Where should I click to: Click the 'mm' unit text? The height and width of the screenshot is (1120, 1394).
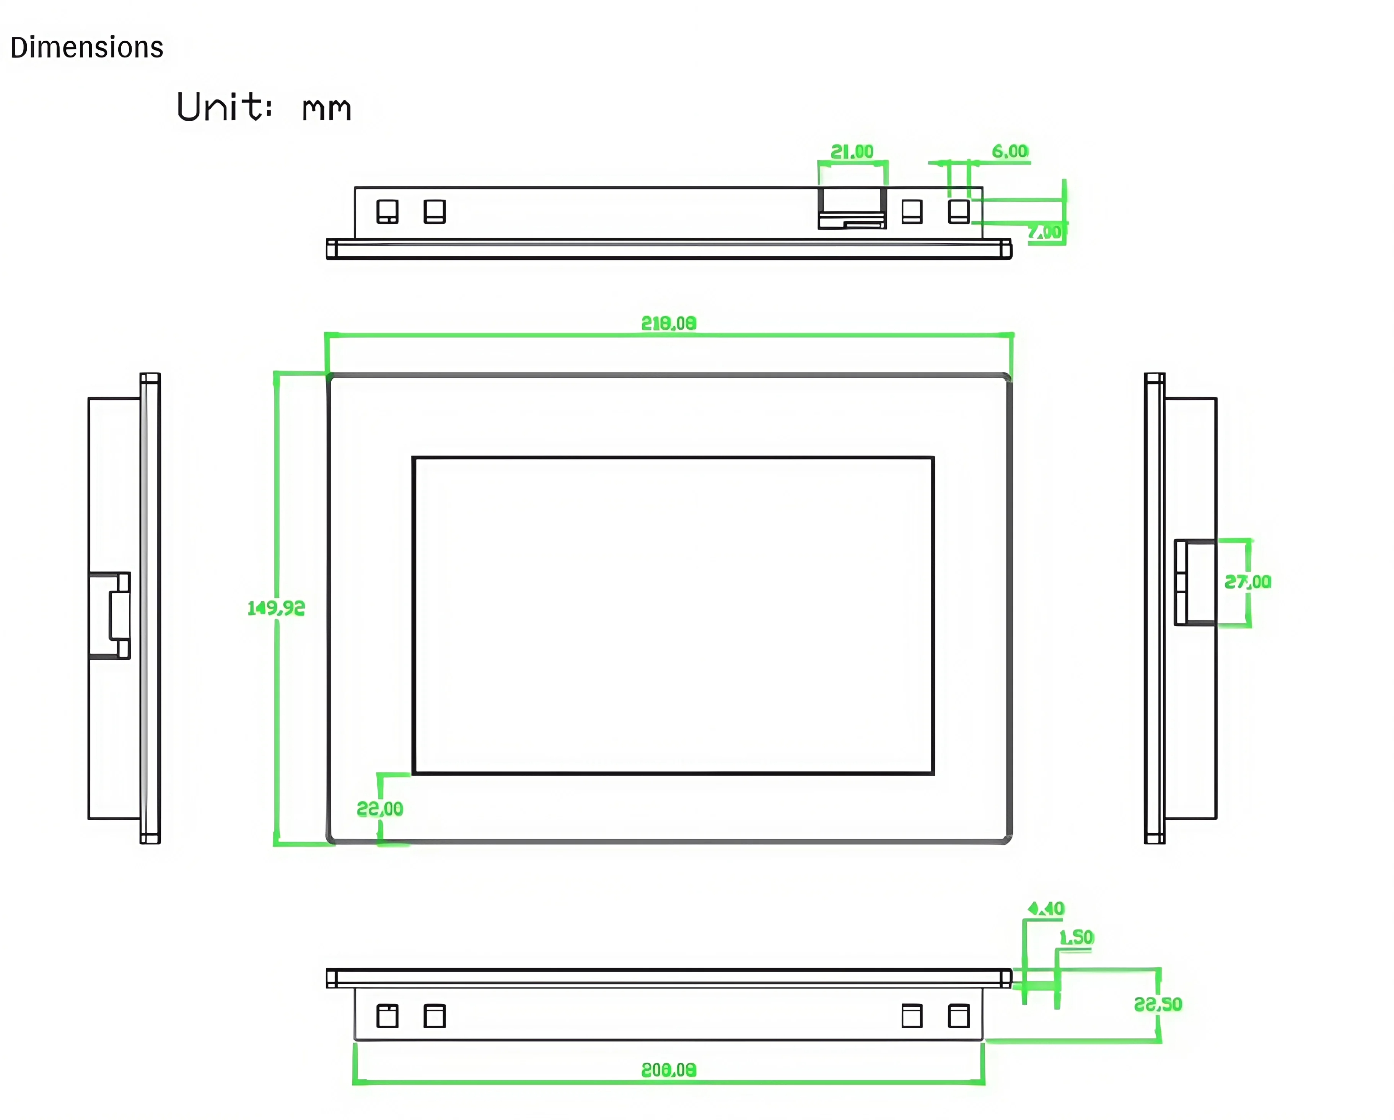327,109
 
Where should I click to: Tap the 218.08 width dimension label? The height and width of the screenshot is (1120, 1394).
669,323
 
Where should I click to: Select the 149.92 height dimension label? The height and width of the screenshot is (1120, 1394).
276,608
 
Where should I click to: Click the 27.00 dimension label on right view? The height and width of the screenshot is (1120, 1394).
1247,582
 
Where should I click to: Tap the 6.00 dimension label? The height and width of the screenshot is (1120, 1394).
1010,151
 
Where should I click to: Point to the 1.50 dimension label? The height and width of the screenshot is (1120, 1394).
1076,937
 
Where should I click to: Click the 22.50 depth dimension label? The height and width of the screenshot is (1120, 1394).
1158,1004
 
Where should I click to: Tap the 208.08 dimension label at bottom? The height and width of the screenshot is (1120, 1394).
669,1070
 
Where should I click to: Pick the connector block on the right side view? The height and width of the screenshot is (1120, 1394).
1195,582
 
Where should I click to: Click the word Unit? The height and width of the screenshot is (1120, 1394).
223,107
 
